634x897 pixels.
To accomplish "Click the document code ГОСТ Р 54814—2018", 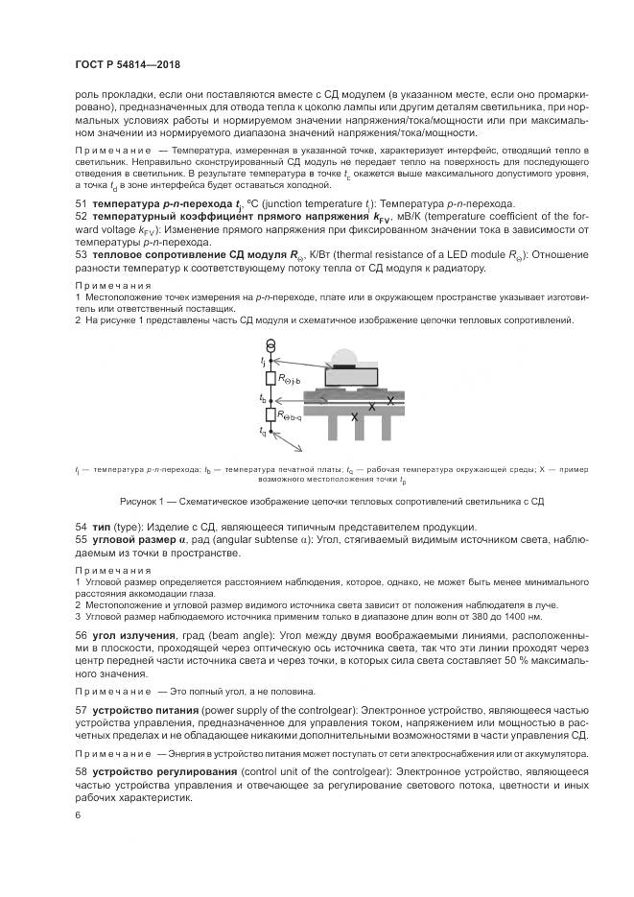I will [x=127, y=64].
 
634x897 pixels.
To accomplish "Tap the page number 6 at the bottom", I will [x=78, y=814].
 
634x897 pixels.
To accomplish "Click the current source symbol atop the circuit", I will [x=271, y=345].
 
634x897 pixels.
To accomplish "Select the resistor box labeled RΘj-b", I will [x=271, y=379].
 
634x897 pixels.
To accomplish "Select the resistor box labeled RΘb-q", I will [x=271, y=414].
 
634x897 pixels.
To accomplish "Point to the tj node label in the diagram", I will [x=263, y=360].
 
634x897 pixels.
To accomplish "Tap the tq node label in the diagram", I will [x=263, y=433].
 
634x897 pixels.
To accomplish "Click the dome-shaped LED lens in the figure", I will [x=346, y=361].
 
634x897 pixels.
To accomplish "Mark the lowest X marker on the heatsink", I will [x=355, y=417].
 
